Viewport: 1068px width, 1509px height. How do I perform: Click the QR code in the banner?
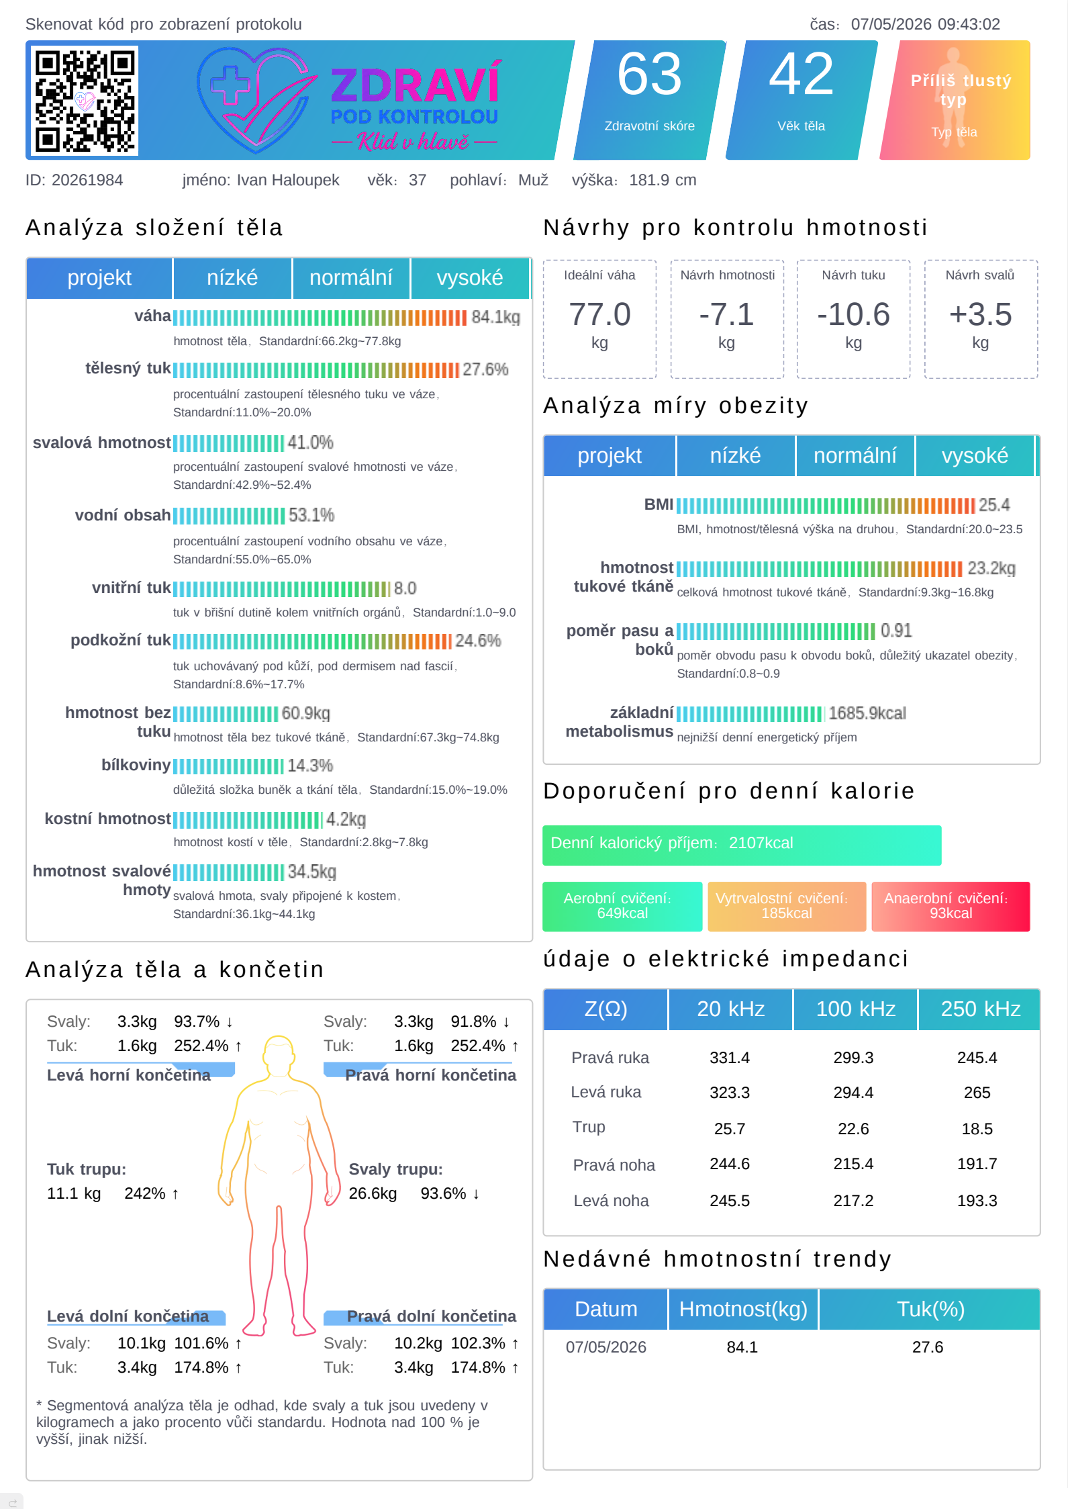point(85,100)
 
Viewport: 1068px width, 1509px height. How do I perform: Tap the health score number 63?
point(649,75)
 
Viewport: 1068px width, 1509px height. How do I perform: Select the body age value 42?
point(801,75)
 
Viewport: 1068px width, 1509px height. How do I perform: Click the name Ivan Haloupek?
point(288,180)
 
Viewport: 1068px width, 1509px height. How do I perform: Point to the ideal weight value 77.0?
point(599,314)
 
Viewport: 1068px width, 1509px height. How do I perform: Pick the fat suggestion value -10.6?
point(853,314)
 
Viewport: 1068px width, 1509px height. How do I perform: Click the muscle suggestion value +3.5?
point(980,314)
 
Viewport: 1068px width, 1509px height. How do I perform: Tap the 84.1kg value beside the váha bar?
point(495,317)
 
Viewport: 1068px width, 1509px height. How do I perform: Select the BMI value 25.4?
point(994,505)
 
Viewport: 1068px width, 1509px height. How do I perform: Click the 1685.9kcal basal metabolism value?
point(867,713)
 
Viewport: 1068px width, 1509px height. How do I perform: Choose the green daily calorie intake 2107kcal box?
point(742,845)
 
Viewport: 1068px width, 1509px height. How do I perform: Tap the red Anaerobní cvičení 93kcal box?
point(951,906)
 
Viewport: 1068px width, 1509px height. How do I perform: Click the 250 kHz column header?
point(980,1009)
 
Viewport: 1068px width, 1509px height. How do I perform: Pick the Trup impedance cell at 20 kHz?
point(730,1129)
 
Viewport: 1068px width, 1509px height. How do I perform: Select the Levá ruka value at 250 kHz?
point(977,1093)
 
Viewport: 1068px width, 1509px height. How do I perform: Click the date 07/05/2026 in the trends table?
point(606,1347)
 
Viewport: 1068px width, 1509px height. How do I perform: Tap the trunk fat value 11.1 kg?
point(74,1193)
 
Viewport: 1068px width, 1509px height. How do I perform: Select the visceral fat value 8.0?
point(405,589)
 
